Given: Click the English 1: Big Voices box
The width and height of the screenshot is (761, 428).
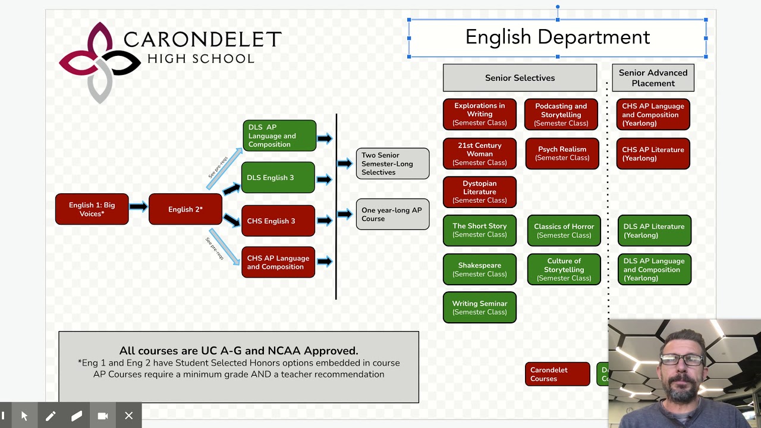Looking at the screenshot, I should pyautogui.click(x=92, y=209).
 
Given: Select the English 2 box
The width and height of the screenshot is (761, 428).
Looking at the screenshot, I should pyautogui.click(x=185, y=209).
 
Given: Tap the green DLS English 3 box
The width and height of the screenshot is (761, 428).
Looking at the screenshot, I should pyautogui.click(x=278, y=178).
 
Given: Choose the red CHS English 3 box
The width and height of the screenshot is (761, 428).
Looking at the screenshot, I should pyautogui.click(x=278, y=221).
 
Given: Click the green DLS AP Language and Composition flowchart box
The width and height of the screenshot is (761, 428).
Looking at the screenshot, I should pyautogui.click(x=279, y=136).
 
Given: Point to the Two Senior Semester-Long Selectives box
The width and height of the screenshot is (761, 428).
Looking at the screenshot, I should pyautogui.click(x=392, y=163).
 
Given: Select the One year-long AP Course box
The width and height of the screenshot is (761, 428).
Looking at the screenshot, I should pyautogui.click(x=392, y=214).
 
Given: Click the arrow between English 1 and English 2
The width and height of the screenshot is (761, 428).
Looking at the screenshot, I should pyautogui.click(x=138, y=207).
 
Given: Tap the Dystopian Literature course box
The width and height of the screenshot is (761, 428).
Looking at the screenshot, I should pyautogui.click(x=479, y=192).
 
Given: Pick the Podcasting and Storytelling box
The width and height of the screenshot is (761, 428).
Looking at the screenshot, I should pyautogui.click(x=561, y=115).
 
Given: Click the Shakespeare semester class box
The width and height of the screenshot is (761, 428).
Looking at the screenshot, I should pyautogui.click(x=479, y=269).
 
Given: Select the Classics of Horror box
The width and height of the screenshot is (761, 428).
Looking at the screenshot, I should pyautogui.click(x=564, y=231).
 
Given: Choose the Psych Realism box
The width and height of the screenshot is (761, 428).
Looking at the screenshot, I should pyautogui.click(x=562, y=154).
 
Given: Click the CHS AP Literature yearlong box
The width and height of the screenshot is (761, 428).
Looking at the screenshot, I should pyautogui.click(x=653, y=154).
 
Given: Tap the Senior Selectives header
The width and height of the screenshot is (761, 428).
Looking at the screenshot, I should pyautogui.click(x=520, y=78).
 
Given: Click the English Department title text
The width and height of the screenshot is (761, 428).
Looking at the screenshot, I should pyautogui.click(x=557, y=37).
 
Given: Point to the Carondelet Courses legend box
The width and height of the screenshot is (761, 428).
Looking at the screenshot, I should pyautogui.click(x=557, y=374).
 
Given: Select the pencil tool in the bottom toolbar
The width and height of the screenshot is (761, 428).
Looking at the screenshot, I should pyautogui.click(x=51, y=416).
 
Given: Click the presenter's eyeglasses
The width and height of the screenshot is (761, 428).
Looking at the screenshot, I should pyautogui.click(x=682, y=360).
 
